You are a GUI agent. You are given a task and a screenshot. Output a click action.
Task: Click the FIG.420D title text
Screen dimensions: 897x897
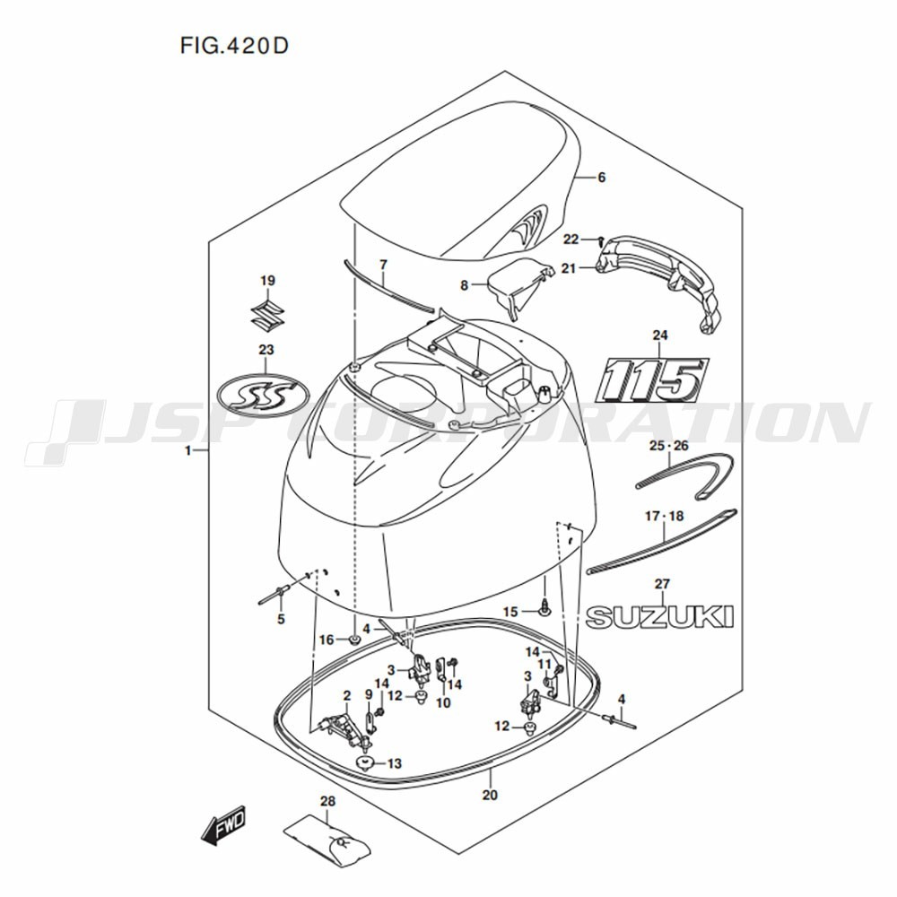pos(234,46)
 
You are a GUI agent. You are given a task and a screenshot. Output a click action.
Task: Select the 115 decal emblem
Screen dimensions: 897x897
pos(651,380)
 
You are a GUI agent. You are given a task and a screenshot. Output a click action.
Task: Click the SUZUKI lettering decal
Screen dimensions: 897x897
pos(659,617)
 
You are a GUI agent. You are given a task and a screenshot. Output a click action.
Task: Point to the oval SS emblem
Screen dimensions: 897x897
pos(264,393)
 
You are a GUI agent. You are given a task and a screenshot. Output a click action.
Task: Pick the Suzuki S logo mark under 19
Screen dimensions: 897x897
pos(267,315)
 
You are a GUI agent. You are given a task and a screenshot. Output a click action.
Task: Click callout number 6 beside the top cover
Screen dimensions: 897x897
pos(601,178)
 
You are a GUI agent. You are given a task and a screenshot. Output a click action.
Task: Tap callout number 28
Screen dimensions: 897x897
pos(327,801)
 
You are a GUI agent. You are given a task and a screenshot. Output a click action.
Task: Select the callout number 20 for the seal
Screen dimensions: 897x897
pos(490,795)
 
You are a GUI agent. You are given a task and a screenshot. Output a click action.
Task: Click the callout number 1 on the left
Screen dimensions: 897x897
pos(187,451)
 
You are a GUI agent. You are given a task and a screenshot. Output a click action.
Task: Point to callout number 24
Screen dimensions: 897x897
pos(660,335)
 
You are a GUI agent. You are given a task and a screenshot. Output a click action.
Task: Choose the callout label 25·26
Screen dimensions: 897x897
pos(669,446)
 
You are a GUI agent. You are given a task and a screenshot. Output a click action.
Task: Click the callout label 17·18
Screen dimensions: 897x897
pos(664,517)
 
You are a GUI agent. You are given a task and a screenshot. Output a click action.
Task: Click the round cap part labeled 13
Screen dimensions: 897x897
pos(364,762)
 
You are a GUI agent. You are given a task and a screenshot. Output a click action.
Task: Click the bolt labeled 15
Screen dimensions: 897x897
pos(544,607)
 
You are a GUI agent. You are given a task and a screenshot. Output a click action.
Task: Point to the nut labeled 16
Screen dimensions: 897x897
pos(355,639)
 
